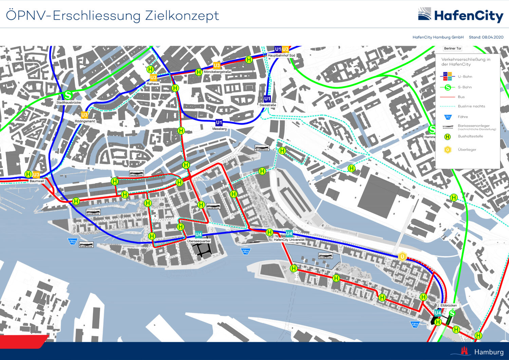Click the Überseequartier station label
(x=199, y=241)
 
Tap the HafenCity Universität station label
(x=289, y=240)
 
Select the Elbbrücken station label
(x=449, y=305)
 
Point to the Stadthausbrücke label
(x=69, y=102)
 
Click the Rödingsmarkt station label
(x=85, y=121)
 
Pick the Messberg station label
(x=219, y=129)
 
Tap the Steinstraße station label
(x=268, y=105)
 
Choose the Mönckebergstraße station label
(x=217, y=72)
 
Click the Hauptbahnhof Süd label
(x=282, y=55)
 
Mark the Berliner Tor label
(x=453, y=49)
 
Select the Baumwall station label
(x=37, y=181)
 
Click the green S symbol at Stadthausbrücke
(x=68, y=95)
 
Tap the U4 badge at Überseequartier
(x=199, y=234)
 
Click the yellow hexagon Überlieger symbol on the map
(x=402, y=257)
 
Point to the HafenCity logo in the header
(x=460, y=16)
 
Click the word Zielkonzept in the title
(x=182, y=16)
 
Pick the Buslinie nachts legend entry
(x=471, y=106)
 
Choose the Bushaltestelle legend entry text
(x=470, y=136)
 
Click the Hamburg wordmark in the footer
(x=489, y=352)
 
